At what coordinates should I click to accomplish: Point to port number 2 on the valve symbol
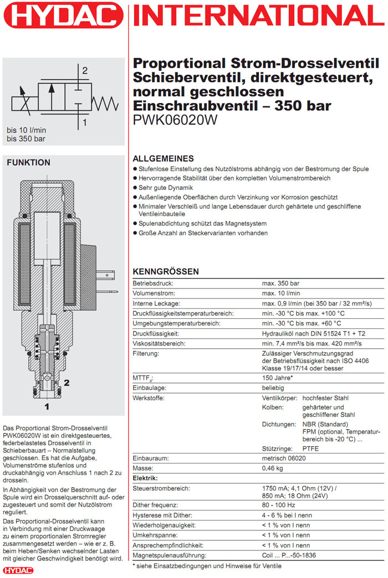[x=85, y=70]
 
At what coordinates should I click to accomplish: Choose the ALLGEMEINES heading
[x=163, y=158]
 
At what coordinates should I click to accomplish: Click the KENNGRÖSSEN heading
[x=165, y=272]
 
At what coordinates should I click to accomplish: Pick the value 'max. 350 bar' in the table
[x=280, y=283]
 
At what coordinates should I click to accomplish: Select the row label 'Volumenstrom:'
[x=154, y=293]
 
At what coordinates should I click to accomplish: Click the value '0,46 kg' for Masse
[x=273, y=468]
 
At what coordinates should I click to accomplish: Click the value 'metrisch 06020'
[x=284, y=458]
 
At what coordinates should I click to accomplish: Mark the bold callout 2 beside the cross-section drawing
[x=67, y=382]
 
